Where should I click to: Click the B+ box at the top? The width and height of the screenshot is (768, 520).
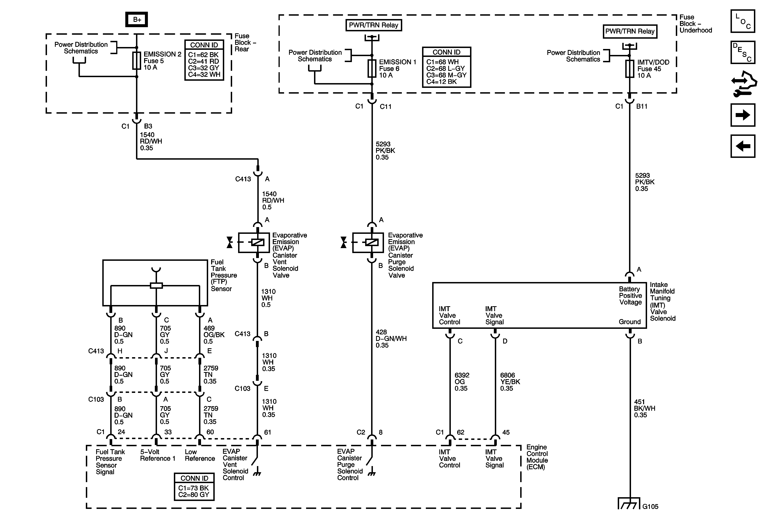(x=136, y=19)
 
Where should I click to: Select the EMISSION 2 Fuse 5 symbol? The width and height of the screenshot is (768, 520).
(x=136, y=60)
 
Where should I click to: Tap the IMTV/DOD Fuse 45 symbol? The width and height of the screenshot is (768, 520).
(x=630, y=69)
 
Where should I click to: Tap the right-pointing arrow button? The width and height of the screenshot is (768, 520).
(x=743, y=115)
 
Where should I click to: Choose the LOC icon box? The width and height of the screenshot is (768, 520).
(x=743, y=21)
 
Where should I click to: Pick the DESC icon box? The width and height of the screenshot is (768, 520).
(x=743, y=52)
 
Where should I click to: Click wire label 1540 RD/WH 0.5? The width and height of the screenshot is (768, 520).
(x=273, y=200)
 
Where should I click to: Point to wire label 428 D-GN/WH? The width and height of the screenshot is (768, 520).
(x=391, y=339)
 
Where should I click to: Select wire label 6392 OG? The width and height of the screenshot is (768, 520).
(x=462, y=382)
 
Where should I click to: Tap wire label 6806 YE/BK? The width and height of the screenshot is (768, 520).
(x=510, y=382)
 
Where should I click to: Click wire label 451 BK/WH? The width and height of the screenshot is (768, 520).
(x=644, y=408)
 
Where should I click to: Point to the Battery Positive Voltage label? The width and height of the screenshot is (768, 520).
(x=630, y=295)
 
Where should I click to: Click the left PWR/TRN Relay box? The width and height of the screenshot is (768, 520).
(x=373, y=25)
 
